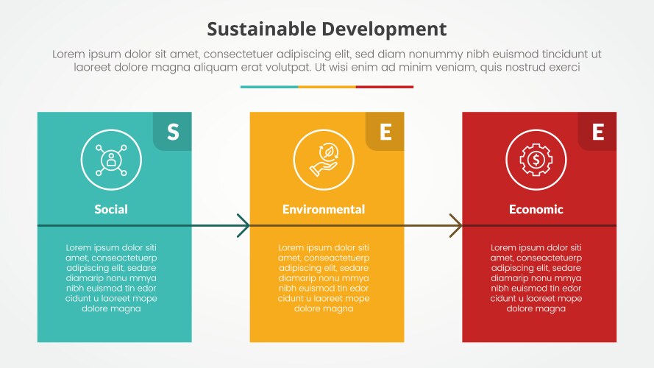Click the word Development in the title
coord(385,29)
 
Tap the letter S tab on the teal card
coord(172,132)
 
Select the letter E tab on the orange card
coord(385,132)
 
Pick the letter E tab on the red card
coord(597,132)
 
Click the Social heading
coord(111,209)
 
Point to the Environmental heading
coord(324,209)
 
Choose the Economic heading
coord(536,209)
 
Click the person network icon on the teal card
coord(111,159)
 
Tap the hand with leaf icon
coord(324,159)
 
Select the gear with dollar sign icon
coord(536,159)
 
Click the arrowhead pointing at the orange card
coord(244,225)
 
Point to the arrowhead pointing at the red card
coord(457,225)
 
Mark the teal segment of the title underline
coord(269,87)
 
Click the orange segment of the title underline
coord(327,87)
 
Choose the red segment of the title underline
coord(385,87)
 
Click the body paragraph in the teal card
coord(111,278)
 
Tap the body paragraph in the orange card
coord(324,278)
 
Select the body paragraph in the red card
coord(536,278)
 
